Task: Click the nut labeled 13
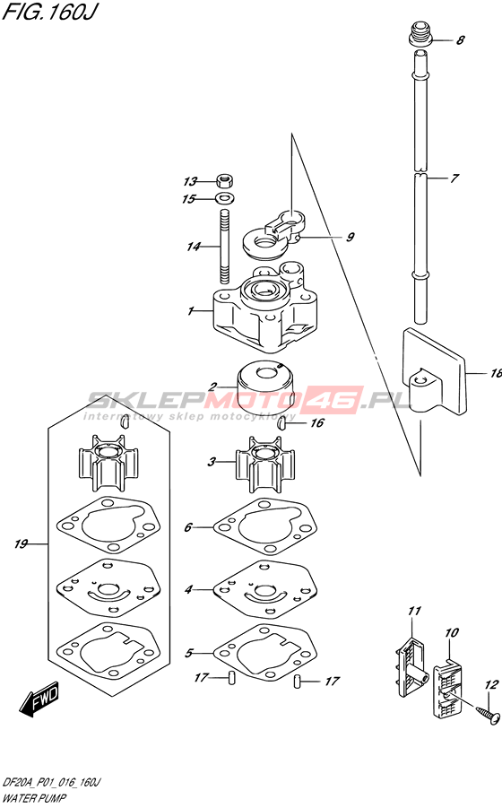224,181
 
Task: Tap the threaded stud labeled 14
224,247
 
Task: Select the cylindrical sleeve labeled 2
265,386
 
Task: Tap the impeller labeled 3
265,464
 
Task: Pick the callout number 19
21,543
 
